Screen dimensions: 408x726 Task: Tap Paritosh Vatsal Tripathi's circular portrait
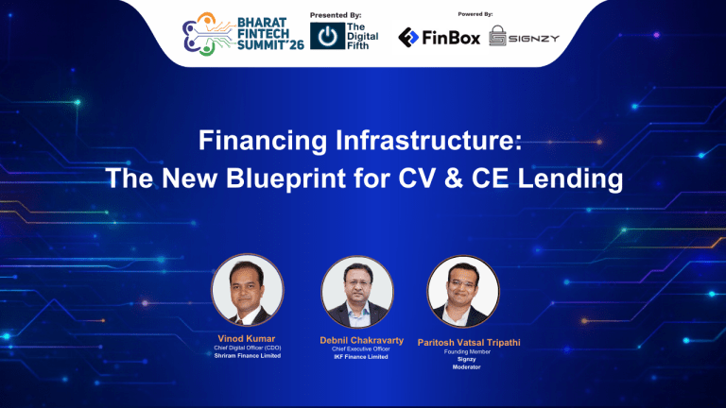pyautogui.click(x=464, y=291)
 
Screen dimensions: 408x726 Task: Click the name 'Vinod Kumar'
pyautogui.click(x=248, y=337)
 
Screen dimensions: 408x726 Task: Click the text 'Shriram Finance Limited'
pyautogui.click(x=248, y=356)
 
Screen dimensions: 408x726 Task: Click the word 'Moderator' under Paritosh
pyautogui.click(x=465, y=367)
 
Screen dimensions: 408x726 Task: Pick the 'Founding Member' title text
pyautogui.click(x=465, y=351)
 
